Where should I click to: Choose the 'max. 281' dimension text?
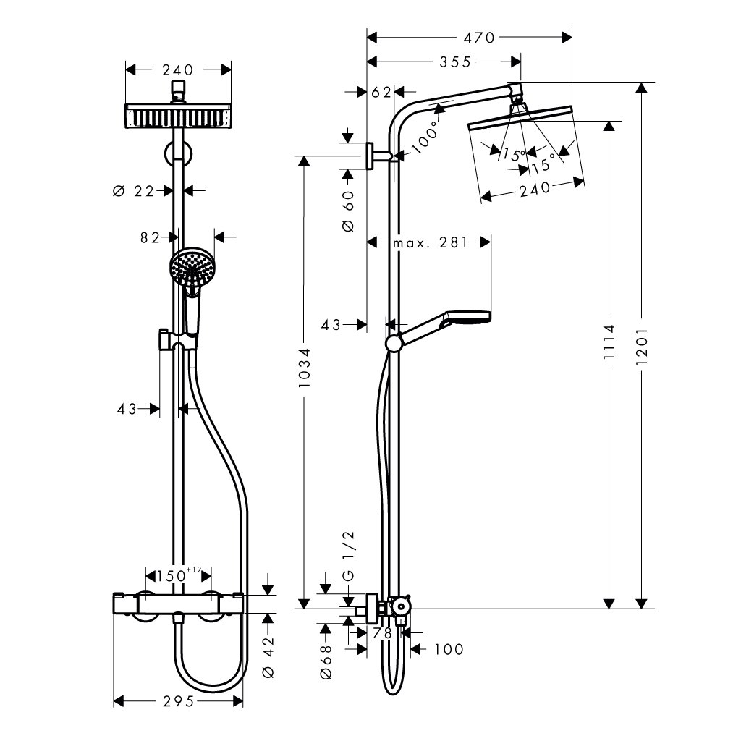pos(429,242)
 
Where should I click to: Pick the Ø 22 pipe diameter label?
pos(135,191)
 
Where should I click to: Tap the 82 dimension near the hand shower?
pos(150,237)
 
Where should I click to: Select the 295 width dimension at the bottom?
pos(177,702)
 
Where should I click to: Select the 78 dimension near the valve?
pos(382,632)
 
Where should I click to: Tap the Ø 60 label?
pos(347,211)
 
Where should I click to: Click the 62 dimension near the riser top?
pos(381,92)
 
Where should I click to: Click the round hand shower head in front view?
pos(192,266)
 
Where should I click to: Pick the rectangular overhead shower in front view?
pos(179,117)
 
